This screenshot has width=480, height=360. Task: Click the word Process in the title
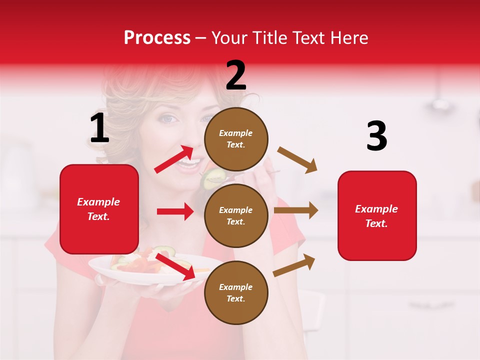[157, 37]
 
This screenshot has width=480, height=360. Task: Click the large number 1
[99, 128]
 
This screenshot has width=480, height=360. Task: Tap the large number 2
[236, 75]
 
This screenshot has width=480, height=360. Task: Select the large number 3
[376, 136]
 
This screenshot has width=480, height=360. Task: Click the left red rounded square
[99, 209]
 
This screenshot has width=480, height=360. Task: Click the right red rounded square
[377, 216]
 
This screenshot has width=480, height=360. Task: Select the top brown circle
[236, 139]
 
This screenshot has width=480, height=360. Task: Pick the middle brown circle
[236, 216]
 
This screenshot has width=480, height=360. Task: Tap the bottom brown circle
[236, 293]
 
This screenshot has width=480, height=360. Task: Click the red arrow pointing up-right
[174, 159]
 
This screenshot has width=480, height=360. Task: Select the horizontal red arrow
[175, 211]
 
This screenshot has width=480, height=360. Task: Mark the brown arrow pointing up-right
[294, 265]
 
